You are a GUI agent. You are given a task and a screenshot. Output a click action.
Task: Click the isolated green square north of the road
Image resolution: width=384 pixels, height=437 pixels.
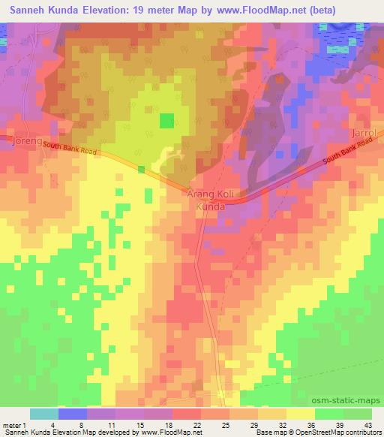pyautogui.click(x=166, y=120)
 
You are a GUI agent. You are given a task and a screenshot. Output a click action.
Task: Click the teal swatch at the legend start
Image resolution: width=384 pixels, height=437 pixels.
pyautogui.click(x=43, y=414)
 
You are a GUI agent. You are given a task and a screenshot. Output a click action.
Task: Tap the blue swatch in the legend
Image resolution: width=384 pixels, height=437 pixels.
pyautogui.click(x=73, y=414)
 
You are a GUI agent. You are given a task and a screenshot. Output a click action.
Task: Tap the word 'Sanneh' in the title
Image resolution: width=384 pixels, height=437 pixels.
pyautogui.click(x=26, y=8)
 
